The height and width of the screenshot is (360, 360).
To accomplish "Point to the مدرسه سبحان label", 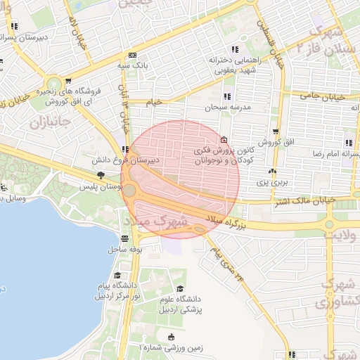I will point(228,108).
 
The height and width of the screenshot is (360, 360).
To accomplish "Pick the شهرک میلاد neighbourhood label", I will point(156,221).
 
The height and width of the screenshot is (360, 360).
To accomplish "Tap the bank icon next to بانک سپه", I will point(132,56).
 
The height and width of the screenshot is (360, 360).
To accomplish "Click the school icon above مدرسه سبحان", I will point(227,96).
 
